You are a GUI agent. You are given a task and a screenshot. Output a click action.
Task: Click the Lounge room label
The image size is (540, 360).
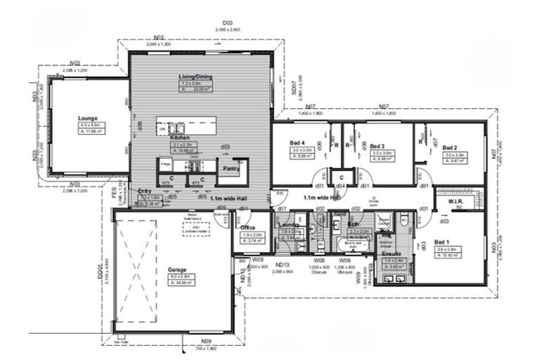coord(88,118)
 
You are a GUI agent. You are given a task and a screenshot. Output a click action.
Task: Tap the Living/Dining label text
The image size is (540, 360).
coord(196,77)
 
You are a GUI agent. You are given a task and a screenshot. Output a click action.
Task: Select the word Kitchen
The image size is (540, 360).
coord(179,139)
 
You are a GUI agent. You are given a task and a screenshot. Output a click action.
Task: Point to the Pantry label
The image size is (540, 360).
coord(232,168)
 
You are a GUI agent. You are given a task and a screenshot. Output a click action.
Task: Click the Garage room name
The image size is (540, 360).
coord(177,269)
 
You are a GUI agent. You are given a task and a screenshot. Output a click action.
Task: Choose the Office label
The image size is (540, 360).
coord(247,227)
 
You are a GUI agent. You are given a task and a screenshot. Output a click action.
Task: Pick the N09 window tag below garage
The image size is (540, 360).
coord(206,341)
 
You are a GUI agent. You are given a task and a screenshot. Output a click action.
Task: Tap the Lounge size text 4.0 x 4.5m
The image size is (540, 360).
coord(89,125)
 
